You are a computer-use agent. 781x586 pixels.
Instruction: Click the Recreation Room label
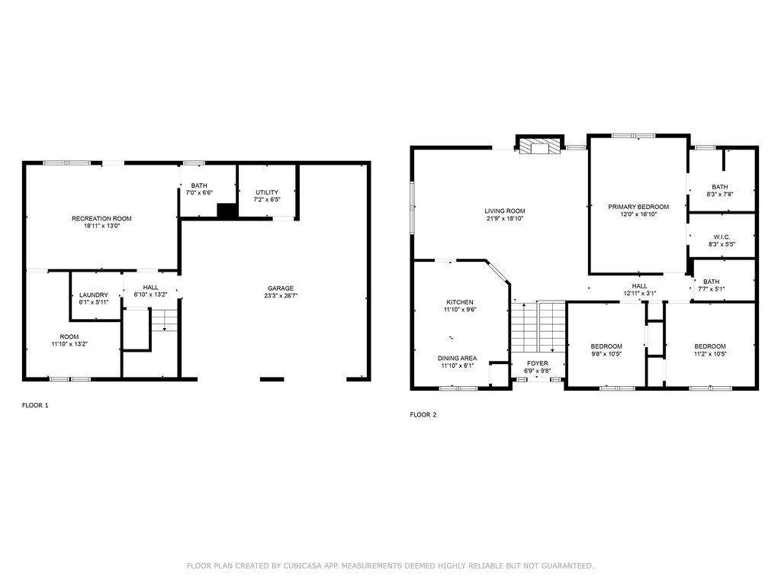point(101,218)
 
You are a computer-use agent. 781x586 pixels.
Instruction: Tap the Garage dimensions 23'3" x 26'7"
point(281,295)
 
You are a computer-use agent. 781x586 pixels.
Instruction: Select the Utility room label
point(267,192)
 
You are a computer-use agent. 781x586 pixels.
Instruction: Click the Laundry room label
point(94,295)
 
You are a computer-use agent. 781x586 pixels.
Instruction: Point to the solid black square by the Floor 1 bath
point(227,211)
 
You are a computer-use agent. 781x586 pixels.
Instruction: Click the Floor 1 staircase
point(165,320)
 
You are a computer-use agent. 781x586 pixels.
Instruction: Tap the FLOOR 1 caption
point(35,405)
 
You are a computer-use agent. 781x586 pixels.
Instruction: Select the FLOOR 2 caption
point(423,414)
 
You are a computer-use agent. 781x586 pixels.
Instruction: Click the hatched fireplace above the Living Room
point(539,146)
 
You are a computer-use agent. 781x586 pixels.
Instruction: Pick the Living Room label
point(505,211)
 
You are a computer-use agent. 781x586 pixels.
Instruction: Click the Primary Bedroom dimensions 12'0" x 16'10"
point(638,214)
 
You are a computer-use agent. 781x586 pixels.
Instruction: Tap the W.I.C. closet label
point(722,237)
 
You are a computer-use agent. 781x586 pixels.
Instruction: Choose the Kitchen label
point(460,302)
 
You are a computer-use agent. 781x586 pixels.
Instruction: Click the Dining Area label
point(458,359)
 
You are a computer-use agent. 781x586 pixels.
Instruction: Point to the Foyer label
point(538,364)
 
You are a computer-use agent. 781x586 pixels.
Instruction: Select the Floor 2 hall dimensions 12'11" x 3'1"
point(640,294)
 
